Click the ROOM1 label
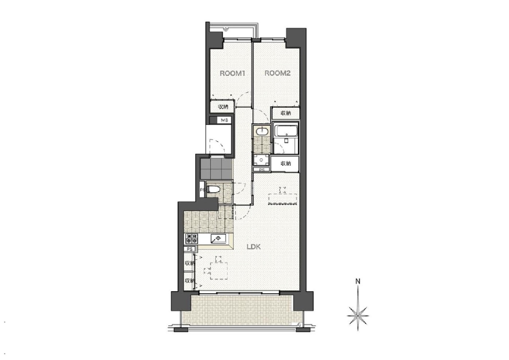pos(232,74)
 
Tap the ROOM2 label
pos(278,73)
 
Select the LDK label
pos(254,247)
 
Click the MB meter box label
pos(224,120)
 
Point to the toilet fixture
pos(213,189)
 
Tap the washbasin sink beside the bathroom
pos(262,131)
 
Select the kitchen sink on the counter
pos(218,238)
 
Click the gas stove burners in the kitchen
pos(192,239)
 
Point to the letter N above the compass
pos(357,281)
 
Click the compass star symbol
pos(357,315)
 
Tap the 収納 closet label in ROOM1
pos(223,107)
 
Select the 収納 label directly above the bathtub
pos(286,113)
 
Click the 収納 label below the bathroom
pos(286,163)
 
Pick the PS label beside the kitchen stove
pos(190,249)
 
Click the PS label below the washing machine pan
pos(262,170)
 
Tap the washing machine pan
pos(261,160)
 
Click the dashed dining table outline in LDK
pos(219,271)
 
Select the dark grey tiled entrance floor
pos(217,169)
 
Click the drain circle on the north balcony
pos(226,29)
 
